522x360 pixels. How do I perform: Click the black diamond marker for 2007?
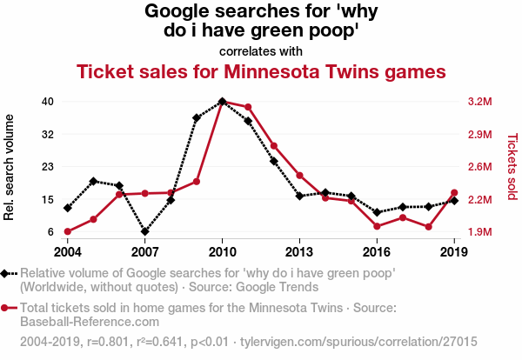click(145, 232)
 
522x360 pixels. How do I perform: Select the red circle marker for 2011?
click(248, 107)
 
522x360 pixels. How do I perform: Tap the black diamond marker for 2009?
click(197, 118)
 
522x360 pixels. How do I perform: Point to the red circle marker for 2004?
click(67, 231)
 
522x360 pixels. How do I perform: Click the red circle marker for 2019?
click(454, 193)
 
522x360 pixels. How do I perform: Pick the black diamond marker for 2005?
click(93, 181)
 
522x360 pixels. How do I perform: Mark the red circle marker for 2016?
click(377, 226)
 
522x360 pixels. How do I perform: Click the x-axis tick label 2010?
click(222, 251)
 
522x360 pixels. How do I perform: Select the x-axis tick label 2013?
click(299, 251)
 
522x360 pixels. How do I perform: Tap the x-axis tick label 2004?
click(67, 251)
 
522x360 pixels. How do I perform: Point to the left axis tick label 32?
click(48, 134)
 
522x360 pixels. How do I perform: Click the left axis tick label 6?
click(51, 232)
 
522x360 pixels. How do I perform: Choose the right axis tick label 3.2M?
click(479, 102)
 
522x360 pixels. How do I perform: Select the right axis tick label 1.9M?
click(479, 232)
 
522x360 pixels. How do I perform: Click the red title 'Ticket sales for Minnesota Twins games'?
click(261, 70)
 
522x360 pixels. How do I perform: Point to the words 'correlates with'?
click(261, 50)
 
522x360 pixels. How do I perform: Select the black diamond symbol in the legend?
click(7, 273)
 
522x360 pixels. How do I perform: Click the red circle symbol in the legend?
click(7, 308)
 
